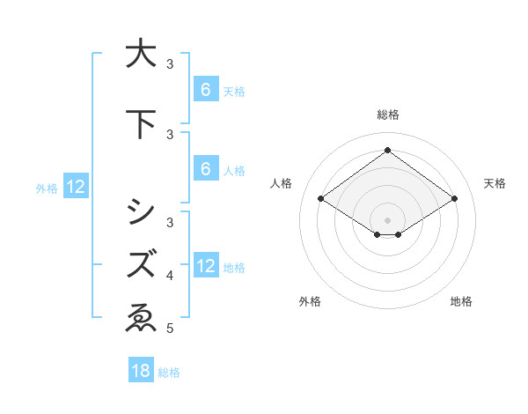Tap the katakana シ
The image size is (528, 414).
tap(139, 211)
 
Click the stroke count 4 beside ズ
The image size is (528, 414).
tap(170, 276)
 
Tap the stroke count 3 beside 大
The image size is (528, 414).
tap(170, 64)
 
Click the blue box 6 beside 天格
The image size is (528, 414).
tap(205, 89)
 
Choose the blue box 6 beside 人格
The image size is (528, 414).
tap(205, 169)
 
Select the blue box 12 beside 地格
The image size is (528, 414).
tap(206, 266)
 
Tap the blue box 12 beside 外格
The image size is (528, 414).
tap(75, 187)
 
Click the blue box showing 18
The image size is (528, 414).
tap(141, 371)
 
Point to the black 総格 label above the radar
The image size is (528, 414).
tap(387, 115)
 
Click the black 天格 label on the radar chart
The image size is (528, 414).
tap(495, 183)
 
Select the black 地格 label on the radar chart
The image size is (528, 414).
tap(461, 302)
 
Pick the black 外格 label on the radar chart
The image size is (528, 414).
tap(310, 302)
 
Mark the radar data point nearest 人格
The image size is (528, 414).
tap(320, 199)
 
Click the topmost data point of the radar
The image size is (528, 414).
tap(387, 151)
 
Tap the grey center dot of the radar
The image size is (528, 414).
tap(387, 219)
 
